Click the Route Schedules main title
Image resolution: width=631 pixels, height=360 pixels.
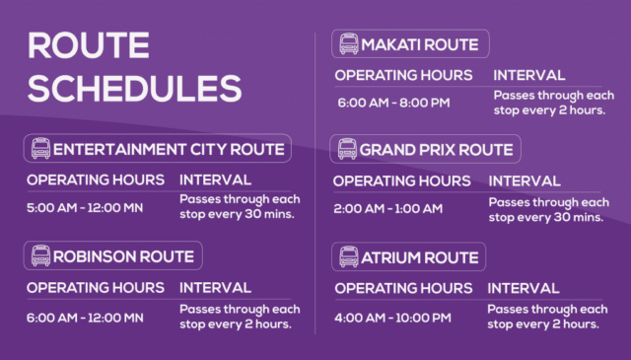pyautogui.click(x=134, y=66)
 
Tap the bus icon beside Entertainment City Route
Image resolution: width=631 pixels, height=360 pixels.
pyautogui.click(x=40, y=150)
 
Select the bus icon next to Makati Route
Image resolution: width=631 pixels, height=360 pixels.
pyautogui.click(x=348, y=44)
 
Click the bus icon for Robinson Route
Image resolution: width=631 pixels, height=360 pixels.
pyautogui.click(x=40, y=256)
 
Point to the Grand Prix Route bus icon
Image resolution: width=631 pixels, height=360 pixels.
pyautogui.click(x=347, y=150)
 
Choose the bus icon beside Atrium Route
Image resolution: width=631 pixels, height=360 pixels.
pyautogui.click(x=348, y=257)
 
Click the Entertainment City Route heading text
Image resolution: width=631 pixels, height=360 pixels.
pyautogui.click(x=170, y=150)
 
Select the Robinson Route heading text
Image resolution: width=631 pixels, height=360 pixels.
pyautogui.click(x=124, y=256)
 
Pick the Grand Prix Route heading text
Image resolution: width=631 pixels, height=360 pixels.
pyautogui.click(x=436, y=150)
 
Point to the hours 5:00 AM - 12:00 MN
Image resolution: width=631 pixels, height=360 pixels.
pyautogui.click(x=85, y=209)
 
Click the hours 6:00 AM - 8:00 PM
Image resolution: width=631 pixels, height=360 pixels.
pyautogui.click(x=391, y=103)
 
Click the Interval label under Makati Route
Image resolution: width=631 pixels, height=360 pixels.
pyautogui.click(x=528, y=75)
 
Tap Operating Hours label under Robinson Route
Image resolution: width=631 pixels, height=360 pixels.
pyautogui.click(x=95, y=287)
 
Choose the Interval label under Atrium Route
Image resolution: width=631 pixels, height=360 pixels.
pyautogui.click(x=525, y=288)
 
